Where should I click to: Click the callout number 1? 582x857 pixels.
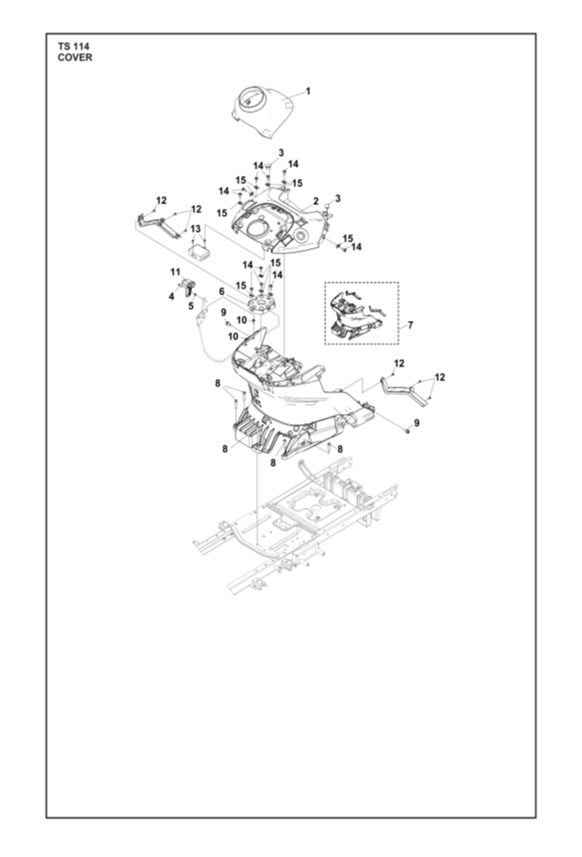[308, 91]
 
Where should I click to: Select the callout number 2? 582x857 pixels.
[315, 201]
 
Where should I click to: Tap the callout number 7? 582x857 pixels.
[410, 325]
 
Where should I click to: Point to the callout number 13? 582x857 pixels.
[196, 229]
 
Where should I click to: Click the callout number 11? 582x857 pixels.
[175, 272]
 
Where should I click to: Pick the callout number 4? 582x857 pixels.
[171, 296]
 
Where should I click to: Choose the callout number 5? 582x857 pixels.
[191, 306]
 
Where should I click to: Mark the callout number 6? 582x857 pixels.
[221, 292]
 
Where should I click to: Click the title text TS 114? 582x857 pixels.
[74, 46]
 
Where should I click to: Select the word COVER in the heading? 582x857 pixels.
[76, 57]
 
